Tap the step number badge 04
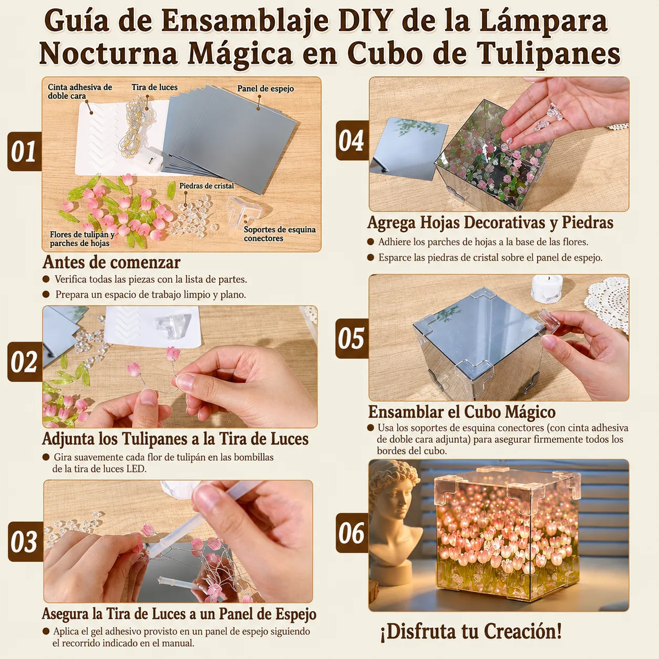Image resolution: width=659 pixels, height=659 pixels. [x=352, y=140]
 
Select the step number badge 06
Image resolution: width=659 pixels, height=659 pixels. [x=352, y=533]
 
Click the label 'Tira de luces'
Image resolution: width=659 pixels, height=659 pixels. [x=154, y=87]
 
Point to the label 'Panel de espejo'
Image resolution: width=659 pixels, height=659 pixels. [x=265, y=88]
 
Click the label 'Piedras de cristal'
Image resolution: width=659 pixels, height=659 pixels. [x=206, y=186]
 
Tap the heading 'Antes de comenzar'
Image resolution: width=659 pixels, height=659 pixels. [x=111, y=263]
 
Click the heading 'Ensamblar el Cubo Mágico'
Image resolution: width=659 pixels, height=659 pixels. [x=461, y=411]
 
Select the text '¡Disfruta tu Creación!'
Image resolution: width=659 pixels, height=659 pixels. [x=471, y=632]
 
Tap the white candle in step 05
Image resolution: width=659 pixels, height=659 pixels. [x=547, y=288]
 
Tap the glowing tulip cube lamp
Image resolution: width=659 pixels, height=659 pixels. [x=507, y=535]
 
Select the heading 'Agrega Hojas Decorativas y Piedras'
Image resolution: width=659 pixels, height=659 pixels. [x=490, y=222]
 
